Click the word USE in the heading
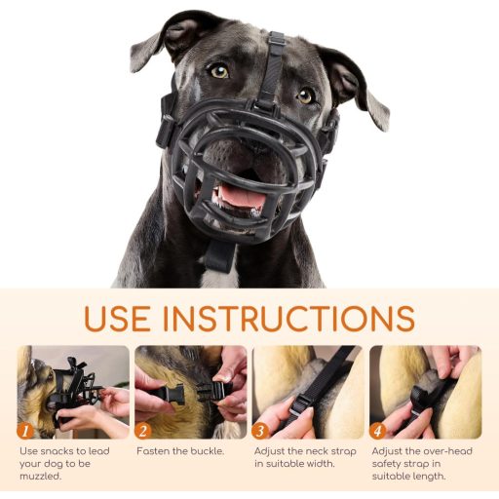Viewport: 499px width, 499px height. tap(117, 318)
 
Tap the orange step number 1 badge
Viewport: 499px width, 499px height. tap(25, 431)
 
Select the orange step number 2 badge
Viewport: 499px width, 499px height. tap(142, 431)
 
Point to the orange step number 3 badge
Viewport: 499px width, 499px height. tap(260, 431)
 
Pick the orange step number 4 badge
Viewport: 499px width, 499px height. tap(377, 431)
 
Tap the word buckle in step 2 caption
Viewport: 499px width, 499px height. tap(207, 451)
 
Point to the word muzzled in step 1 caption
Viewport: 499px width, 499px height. tap(40, 476)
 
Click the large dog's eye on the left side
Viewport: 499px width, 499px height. tap(219, 71)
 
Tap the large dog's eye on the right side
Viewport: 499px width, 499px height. tap(305, 96)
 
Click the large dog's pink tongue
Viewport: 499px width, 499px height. tap(239, 197)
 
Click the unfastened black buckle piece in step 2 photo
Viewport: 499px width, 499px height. tap(171, 394)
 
